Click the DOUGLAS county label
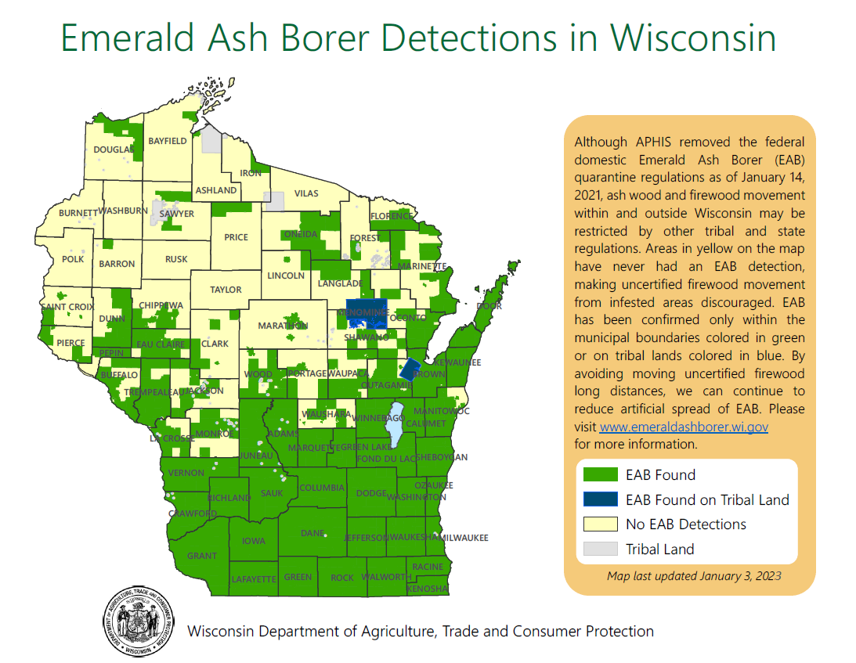(x=114, y=150)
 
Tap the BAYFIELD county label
(x=168, y=141)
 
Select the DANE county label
(x=312, y=533)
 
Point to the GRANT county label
(x=202, y=556)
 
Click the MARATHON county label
(x=284, y=326)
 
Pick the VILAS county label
(x=306, y=193)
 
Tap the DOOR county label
(x=489, y=305)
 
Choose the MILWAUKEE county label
(x=464, y=538)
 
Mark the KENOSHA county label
(x=428, y=588)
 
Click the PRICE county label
(x=236, y=237)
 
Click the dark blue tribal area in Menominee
(x=366, y=310)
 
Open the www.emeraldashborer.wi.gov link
(x=684, y=427)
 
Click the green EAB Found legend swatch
(x=600, y=474)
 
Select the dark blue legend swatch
(x=600, y=499)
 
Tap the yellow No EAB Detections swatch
(x=600, y=524)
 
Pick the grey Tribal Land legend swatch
(x=600, y=549)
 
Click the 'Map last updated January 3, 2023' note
(x=694, y=576)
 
